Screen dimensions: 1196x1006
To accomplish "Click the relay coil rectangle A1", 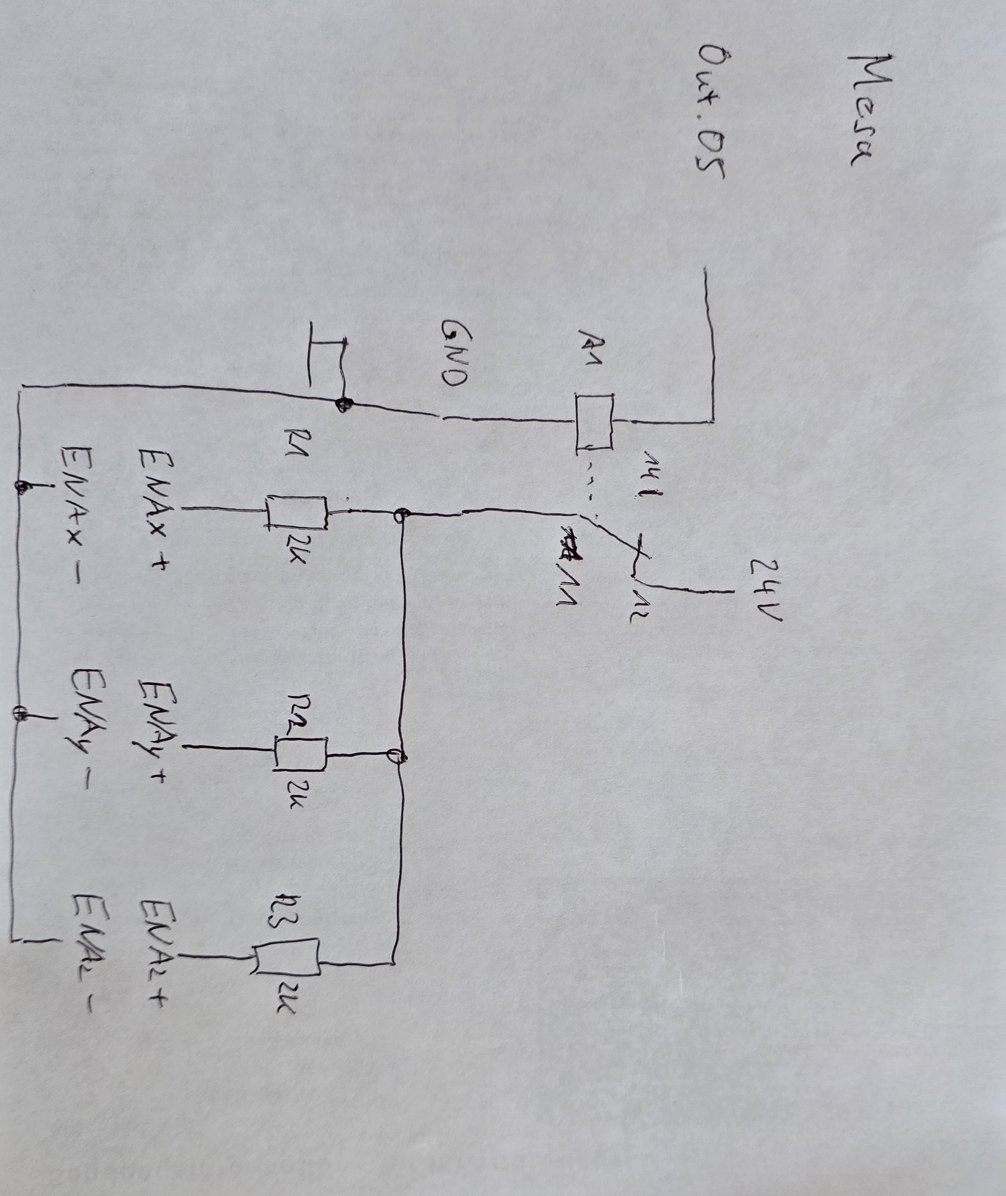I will click(594, 422).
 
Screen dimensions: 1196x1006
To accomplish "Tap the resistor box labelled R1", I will click(296, 512).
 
